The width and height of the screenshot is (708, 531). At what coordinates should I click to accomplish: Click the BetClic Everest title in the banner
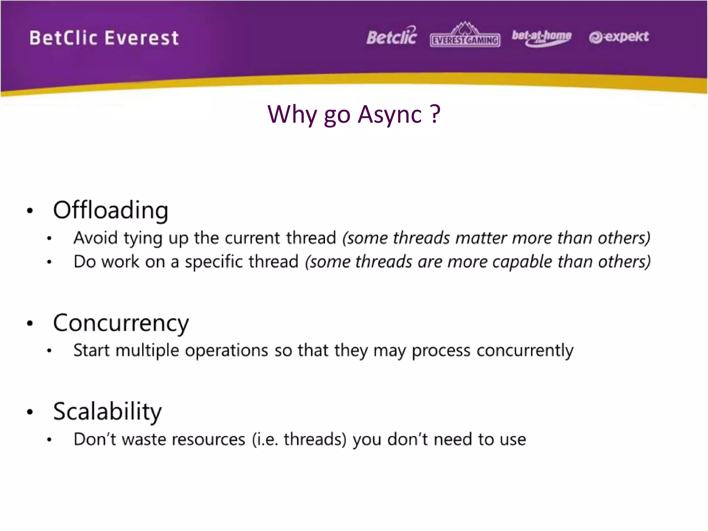click(104, 38)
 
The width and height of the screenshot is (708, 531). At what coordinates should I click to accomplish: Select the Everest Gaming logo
click(465, 36)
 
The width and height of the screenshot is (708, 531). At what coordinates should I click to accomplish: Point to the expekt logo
click(619, 37)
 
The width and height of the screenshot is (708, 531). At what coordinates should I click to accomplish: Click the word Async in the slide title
click(390, 114)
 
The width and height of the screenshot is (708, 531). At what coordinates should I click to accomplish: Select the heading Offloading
click(111, 210)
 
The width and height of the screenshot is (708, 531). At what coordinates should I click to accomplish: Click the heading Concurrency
click(121, 323)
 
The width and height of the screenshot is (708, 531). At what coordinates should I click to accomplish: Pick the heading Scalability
click(107, 411)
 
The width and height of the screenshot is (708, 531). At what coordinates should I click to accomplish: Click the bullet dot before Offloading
click(30, 211)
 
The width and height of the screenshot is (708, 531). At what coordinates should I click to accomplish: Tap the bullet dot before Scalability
click(30, 412)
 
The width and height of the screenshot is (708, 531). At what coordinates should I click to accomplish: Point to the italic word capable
click(522, 262)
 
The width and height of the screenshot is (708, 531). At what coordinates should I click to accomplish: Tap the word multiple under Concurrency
click(147, 351)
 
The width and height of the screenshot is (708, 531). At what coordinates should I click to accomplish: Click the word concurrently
click(525, 351)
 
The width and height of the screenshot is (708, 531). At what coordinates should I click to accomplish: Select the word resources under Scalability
click(208, 439)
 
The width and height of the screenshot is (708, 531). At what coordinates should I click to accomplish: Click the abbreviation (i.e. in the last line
click(265, 439)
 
